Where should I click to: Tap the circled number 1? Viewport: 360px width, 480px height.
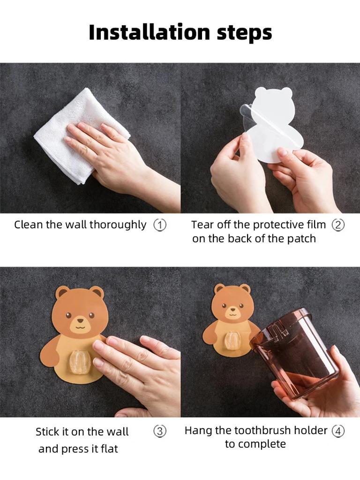(x=160, y=225)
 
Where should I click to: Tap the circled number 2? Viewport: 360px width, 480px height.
(x=338, y=225)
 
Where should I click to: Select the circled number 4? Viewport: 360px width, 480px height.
(x=338, y=431)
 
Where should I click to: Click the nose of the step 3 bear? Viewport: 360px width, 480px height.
(x=79, y=322)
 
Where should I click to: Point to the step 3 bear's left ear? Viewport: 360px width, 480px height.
(x=62, y=292)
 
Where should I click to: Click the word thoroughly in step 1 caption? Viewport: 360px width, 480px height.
(x=118, y=225)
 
